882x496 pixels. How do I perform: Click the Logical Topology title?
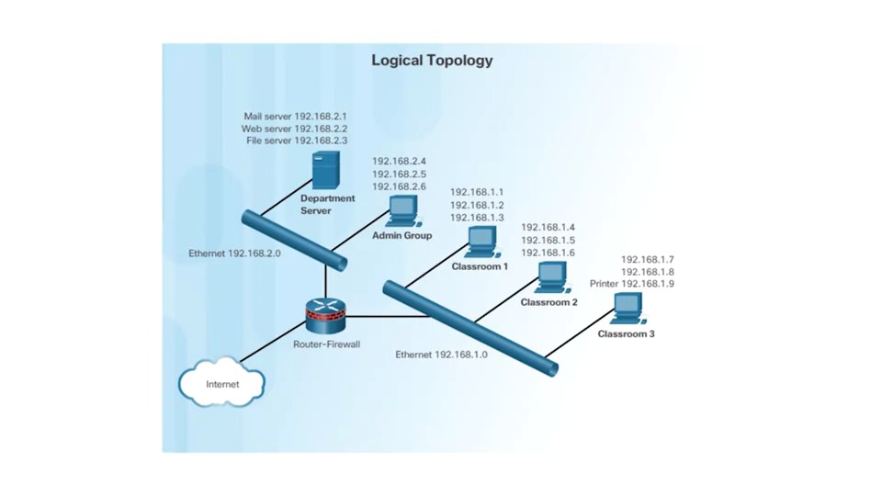(x=432, y=61)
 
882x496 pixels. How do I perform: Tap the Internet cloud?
(x=221, y=384)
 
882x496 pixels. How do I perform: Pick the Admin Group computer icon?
(x=401, y=211)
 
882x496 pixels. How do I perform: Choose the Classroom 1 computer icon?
(x=481, y=242)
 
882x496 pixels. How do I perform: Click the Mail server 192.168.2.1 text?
(x=295, y=117)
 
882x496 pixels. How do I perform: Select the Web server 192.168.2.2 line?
(x=295, y=130)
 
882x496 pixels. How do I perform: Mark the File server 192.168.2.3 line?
(x=295, y=141)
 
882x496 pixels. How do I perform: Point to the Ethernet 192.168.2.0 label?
(x=234, y=253)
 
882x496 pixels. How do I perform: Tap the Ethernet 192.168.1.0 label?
(x=441, y=354)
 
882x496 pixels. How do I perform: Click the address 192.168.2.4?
(x=399, y=161)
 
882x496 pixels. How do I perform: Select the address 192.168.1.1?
(x=476, y=192)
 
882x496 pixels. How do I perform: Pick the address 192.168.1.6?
(x=548, y=253)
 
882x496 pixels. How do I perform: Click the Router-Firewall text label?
(x=326, y=344)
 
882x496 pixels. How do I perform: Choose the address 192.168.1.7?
(x=647, y=260)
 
